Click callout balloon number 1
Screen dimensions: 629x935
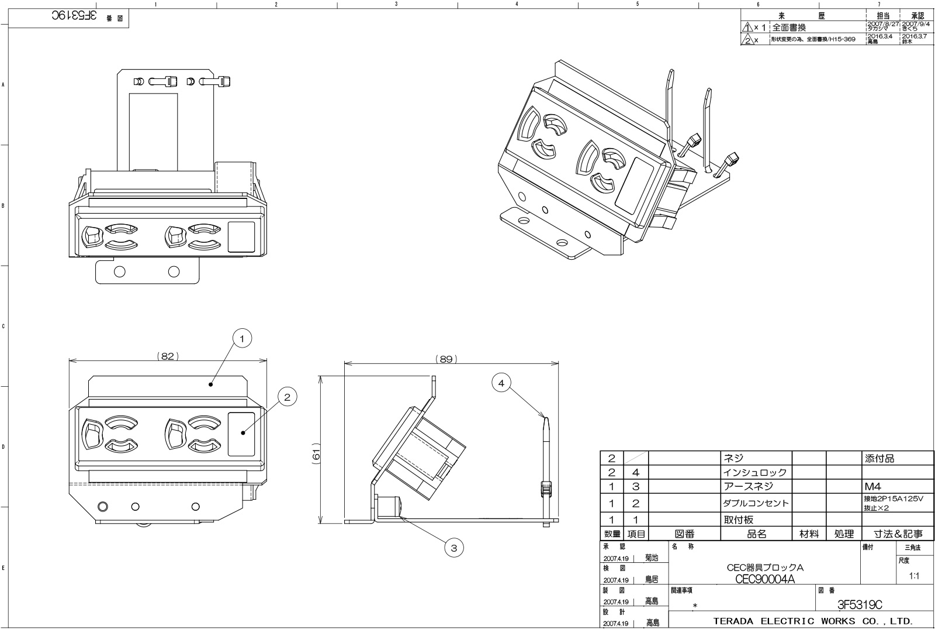tap(242, 338)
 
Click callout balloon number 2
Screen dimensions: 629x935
tap(287, 397)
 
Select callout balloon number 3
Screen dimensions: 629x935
tap(454, 548)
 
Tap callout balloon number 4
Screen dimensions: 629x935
tap(501, 383)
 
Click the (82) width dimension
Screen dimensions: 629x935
tap(168, 356)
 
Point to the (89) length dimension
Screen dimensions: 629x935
tap(446, 359)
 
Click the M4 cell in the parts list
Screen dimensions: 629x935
tap(872, 487)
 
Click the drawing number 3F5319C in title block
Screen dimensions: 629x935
tap(859, 604)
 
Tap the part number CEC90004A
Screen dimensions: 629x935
tap(765, 579)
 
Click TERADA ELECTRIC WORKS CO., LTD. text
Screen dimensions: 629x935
tap(813, 621)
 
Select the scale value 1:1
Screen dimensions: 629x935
tap(915, 576)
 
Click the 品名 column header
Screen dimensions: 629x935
tap(756, 534)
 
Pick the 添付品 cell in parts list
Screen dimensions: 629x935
tap(879, 459)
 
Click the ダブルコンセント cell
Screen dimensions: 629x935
tap(756, 503)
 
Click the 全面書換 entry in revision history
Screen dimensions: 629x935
tap(789, 28)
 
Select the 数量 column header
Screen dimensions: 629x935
tap(612, 534)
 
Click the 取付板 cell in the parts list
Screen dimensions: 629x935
tap(739, 520)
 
